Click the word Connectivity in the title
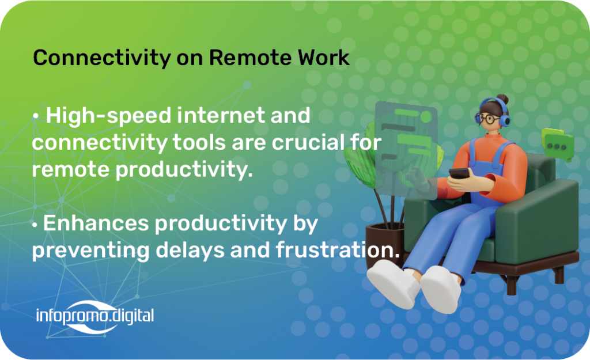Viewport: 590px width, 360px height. pos(101,58)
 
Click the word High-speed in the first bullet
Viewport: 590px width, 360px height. pos(108,116)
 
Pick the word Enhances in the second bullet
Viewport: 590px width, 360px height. pos(96,223)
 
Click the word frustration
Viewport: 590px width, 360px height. pos(338,250)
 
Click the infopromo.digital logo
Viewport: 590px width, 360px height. pos(95,316)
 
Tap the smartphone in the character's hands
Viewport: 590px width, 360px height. pos(459,173)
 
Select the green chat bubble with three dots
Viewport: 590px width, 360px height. pos(558,145)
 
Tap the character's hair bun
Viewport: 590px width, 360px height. pos(502,99)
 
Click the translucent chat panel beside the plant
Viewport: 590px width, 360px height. pos(406,150)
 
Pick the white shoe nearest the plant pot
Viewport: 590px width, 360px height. pos(393,283)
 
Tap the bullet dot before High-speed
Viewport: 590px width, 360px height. pos(35,116)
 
